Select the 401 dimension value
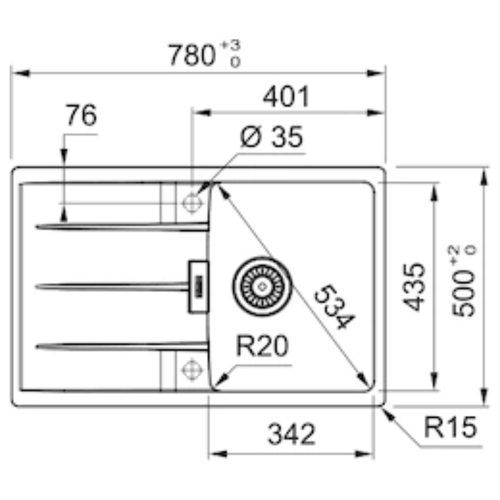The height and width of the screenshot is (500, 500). point(286,96)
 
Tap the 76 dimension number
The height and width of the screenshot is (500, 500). point(81,115)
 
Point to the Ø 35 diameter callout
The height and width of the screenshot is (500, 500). point(271,137)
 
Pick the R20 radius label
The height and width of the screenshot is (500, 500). point(262,346)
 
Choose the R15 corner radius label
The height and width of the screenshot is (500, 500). point(450,427)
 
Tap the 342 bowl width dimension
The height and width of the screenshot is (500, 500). point(292,434)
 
